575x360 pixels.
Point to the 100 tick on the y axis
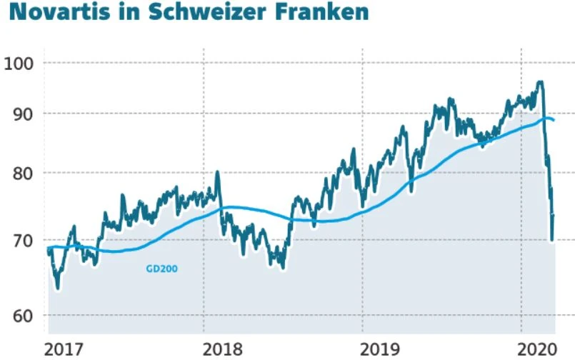pos(19,63)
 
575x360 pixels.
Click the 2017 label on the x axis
pos(64,349)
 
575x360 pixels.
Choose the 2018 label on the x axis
pos(222,349)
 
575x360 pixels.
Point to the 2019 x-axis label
pos(381,349)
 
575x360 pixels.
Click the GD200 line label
pos(161,269)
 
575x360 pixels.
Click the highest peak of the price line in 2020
pos(540,83)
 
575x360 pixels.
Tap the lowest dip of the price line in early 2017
pos(57,288)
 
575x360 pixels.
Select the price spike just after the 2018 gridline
pos(217,172)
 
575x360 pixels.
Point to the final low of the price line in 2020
pos(552,240)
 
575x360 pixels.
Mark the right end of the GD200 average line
pos(554,120)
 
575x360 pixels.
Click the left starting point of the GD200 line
pos(49,248)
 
